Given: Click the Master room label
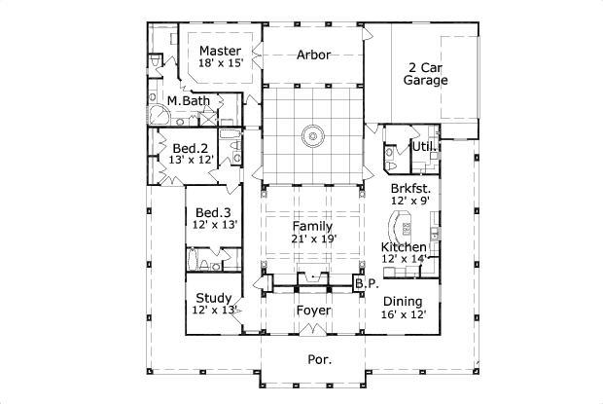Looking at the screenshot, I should (x=220, y=50).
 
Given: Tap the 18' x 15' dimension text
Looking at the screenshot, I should (x=220, y=62).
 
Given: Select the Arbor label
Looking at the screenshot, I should (x=312, y=55).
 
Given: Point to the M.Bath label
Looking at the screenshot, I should (x=188, y=100).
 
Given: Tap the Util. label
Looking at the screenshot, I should (x=422, y=146).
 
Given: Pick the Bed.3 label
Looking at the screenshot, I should (x=213, y=212).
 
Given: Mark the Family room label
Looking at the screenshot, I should (x=312, y=225).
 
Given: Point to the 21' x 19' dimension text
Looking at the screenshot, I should (x=312, y=238).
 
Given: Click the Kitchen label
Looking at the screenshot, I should (x=403, y=248).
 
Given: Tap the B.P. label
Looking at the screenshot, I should (x=366, y=283).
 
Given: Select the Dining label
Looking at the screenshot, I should (x=402, y=302).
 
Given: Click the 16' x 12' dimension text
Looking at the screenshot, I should (x=402, y=314).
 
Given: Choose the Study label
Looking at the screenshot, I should (x=213, y=298).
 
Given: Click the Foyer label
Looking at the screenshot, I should (x=312, y=311).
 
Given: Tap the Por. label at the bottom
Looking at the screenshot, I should (x=320, y=359).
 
